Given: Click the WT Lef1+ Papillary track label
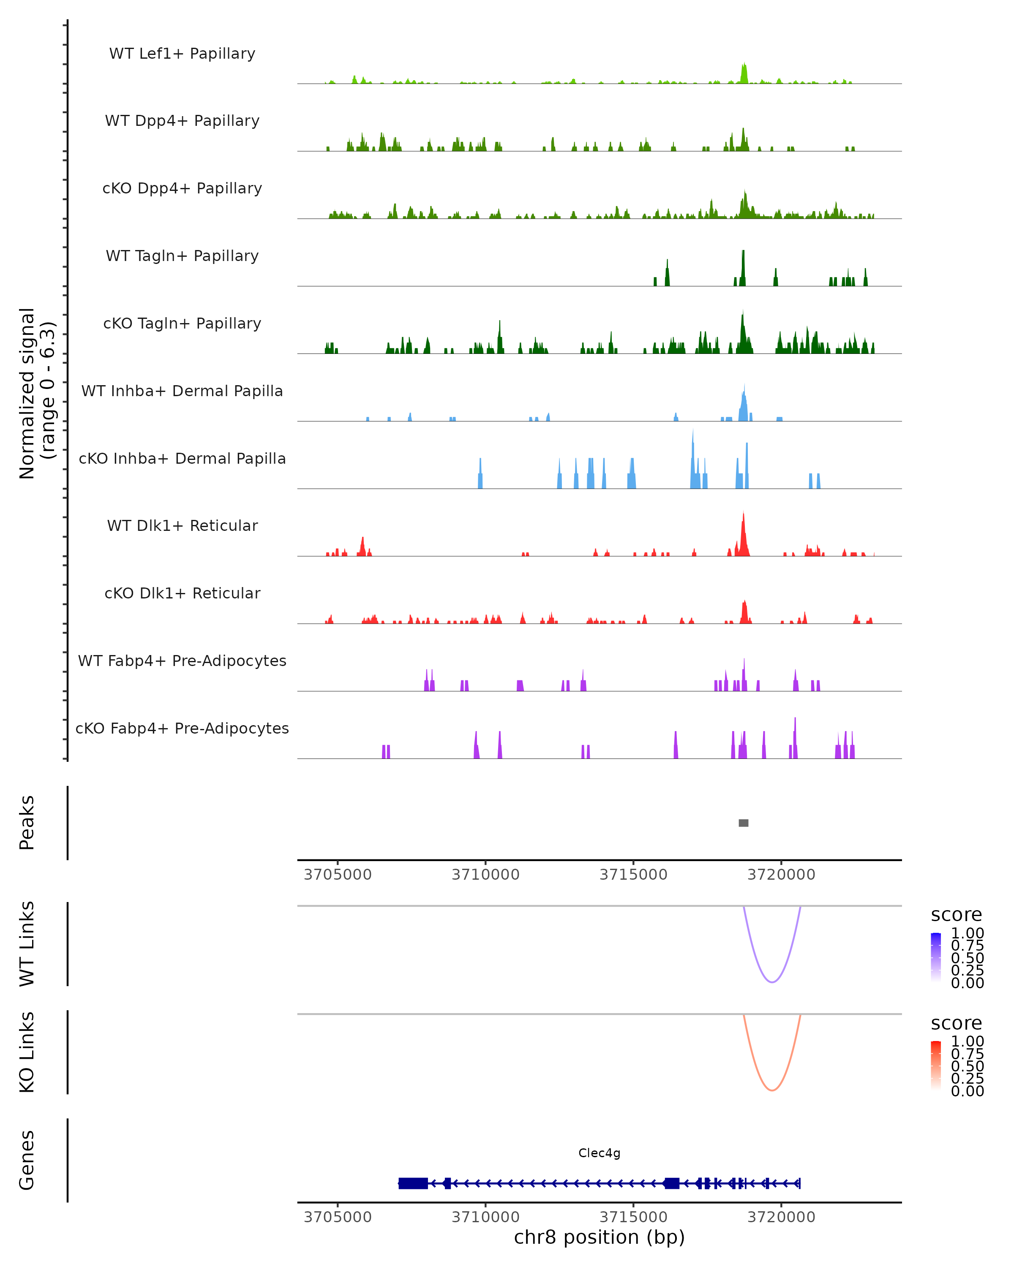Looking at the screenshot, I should (182, 54).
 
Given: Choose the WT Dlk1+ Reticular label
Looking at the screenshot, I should (182, 525).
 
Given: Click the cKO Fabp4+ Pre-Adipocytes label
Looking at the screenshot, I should (182, 728).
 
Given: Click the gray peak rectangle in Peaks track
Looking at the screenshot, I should (743, 823).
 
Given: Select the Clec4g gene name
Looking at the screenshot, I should (599, 1153).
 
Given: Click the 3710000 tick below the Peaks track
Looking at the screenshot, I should (485, 875).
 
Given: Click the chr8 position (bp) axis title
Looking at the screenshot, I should (599, 1237).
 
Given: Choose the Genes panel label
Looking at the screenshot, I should (27, 1160).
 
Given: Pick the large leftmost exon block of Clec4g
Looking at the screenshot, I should (413, 1183).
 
